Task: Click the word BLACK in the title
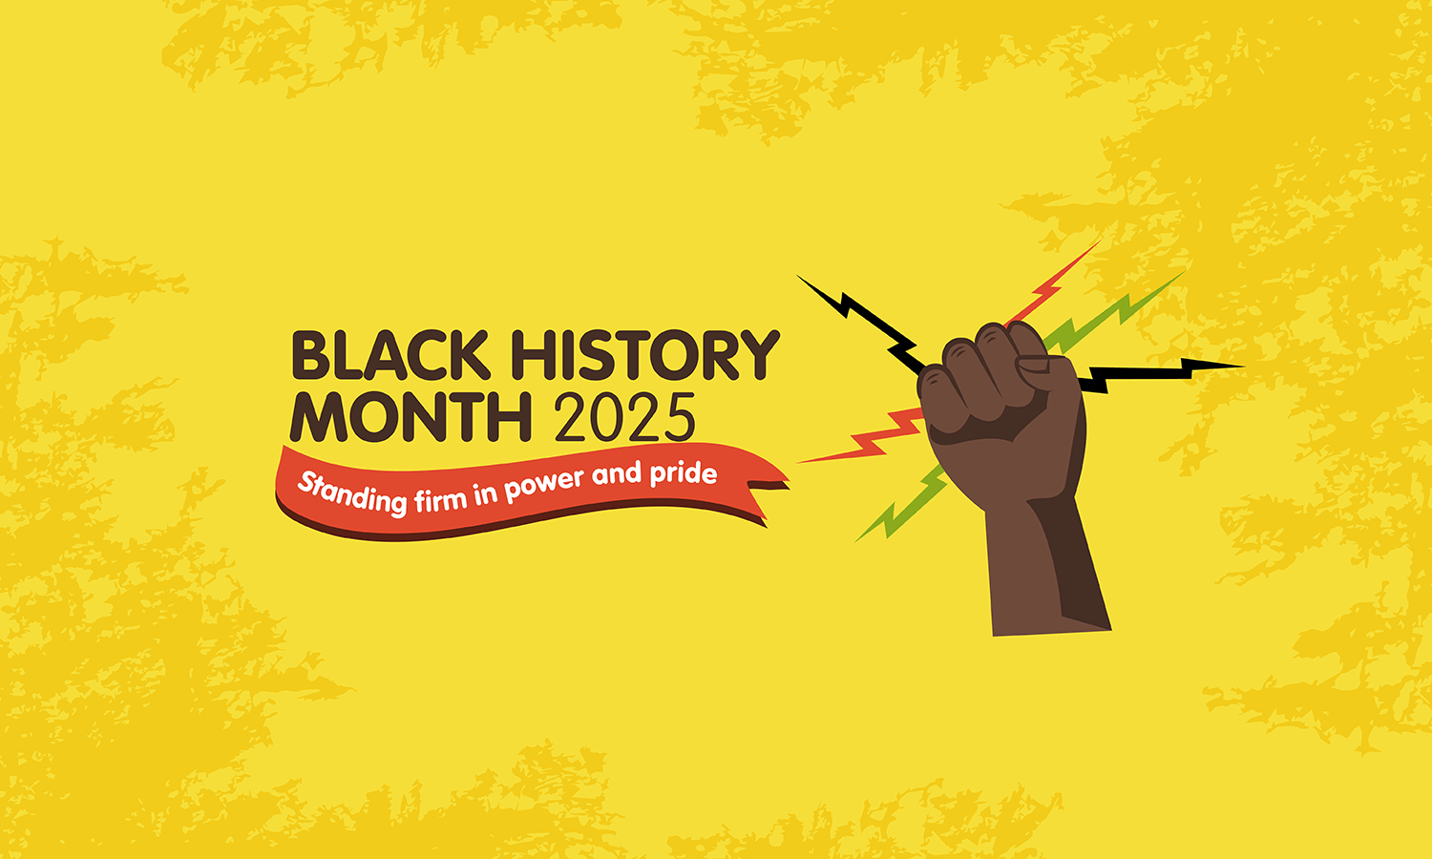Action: click(x=390, y=355)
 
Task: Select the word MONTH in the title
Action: click(x=411, y=417)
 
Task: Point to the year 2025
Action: click(x=624, y=417)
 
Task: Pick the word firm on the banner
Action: click(x=442, y=497)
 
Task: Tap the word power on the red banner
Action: click(x=545, y=484)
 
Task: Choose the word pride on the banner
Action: click(x=684, y=473)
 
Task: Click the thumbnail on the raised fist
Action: click(x=1033, y=365)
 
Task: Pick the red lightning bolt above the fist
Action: click(x=1052, y=283)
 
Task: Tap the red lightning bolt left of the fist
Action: click(x=860, y=436)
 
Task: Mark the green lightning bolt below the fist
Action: click(x=901, y=503)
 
